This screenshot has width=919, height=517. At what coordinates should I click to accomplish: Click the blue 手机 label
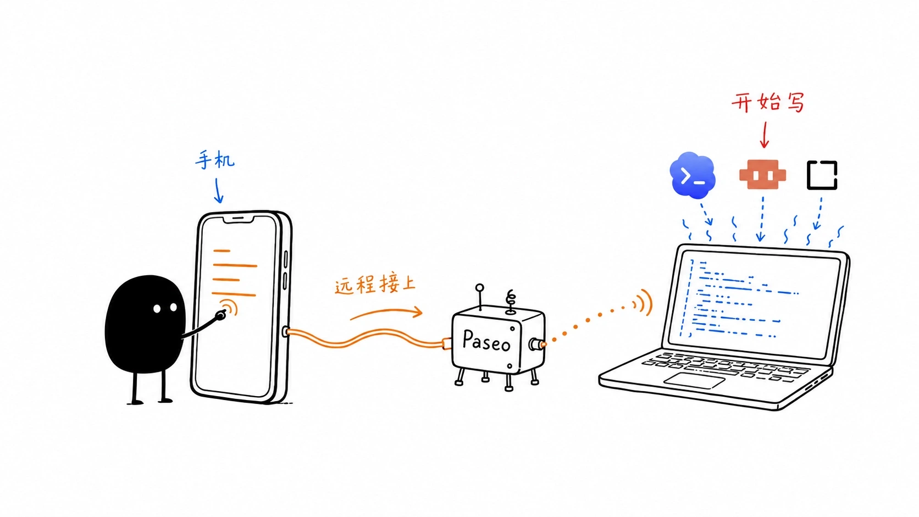(x=214, y=159)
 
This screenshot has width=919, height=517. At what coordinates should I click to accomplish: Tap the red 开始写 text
(x=768, y=103)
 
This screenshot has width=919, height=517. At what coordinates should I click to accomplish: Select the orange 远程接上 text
(x=375, y=285)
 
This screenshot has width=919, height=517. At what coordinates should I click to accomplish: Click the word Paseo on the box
(x=486, y=341)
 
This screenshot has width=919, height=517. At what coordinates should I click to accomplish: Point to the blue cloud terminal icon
(x=693, y=175)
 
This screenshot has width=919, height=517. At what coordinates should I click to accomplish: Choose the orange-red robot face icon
(x=763, y=175)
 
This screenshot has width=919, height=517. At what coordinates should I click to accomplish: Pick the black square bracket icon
(x=822, y=175)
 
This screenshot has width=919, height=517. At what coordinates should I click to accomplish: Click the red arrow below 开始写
(x=764, y=135)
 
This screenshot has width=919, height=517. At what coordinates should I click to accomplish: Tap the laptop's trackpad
(x=694, y=381)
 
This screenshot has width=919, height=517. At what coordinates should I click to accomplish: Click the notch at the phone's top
(x=239, y=220)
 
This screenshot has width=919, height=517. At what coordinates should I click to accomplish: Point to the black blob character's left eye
(x=157, y=309)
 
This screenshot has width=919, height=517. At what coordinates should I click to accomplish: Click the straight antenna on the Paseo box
(x=480, y=297)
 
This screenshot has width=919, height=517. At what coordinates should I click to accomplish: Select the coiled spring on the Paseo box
(x=511, y=302)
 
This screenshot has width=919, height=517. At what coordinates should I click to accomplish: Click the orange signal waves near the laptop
(x=643, y=303)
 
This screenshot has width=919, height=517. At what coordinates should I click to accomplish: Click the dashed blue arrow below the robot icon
(x=761, y=219)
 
